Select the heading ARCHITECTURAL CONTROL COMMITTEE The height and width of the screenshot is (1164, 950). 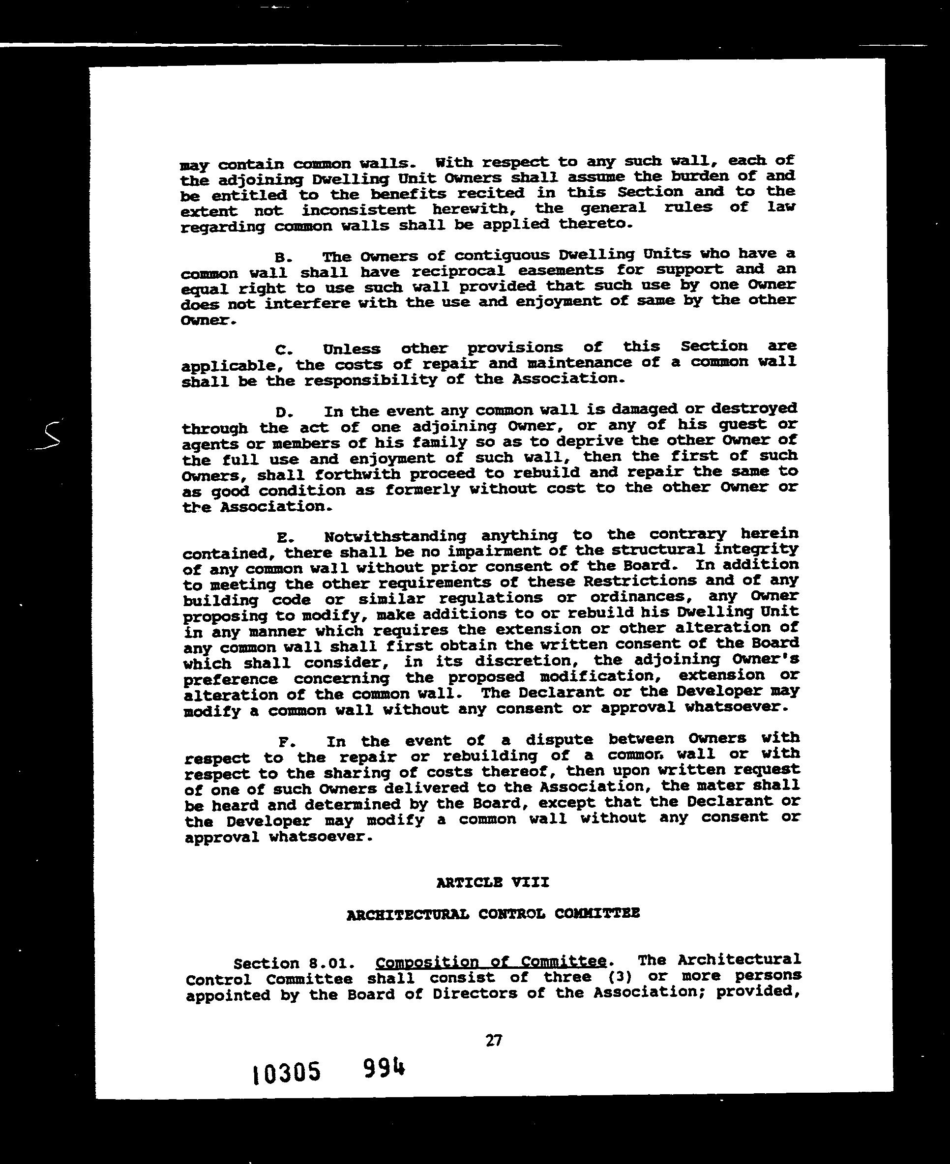click(x=493, y=913)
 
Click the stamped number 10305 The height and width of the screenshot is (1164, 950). click(x=286, y=1074)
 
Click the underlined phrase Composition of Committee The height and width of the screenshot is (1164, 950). click(x=491, y=961)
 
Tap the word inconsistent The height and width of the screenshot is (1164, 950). click(x=358, y=210)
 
